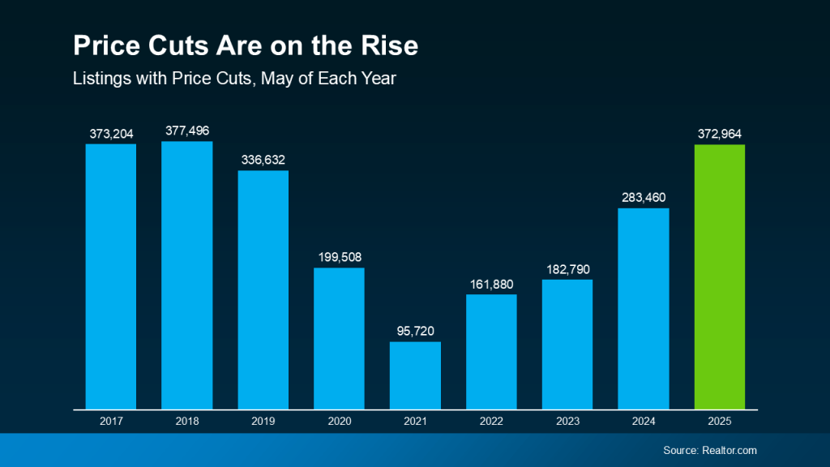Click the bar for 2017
(x=111, y=276)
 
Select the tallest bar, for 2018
(x=187, y=275)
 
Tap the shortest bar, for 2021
(x=415, y=375)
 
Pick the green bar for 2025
(x=720, y=276)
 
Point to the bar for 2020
(x=339, y=338)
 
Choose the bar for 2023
(x=567, y=344)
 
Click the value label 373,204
(x=111, y=133)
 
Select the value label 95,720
(x=415, y=331)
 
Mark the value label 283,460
(x=644, y=197)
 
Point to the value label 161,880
(x=491, y=283)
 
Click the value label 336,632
(x=263, y=160)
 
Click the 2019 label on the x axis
(x=263, y=422)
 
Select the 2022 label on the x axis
(x=491, y=422)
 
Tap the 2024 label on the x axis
(x=644, y=422)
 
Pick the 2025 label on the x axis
(x=720, y=422)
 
